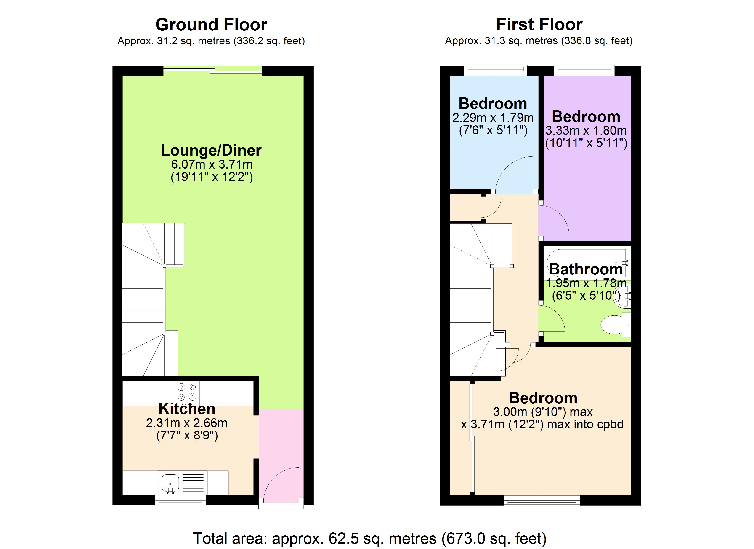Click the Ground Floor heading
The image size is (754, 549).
211,25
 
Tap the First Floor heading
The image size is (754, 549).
539,25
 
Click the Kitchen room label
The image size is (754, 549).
187,409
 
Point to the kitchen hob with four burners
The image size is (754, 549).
187,392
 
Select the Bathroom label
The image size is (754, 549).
586,269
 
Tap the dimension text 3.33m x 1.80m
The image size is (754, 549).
586,131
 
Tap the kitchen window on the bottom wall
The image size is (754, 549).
181,501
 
